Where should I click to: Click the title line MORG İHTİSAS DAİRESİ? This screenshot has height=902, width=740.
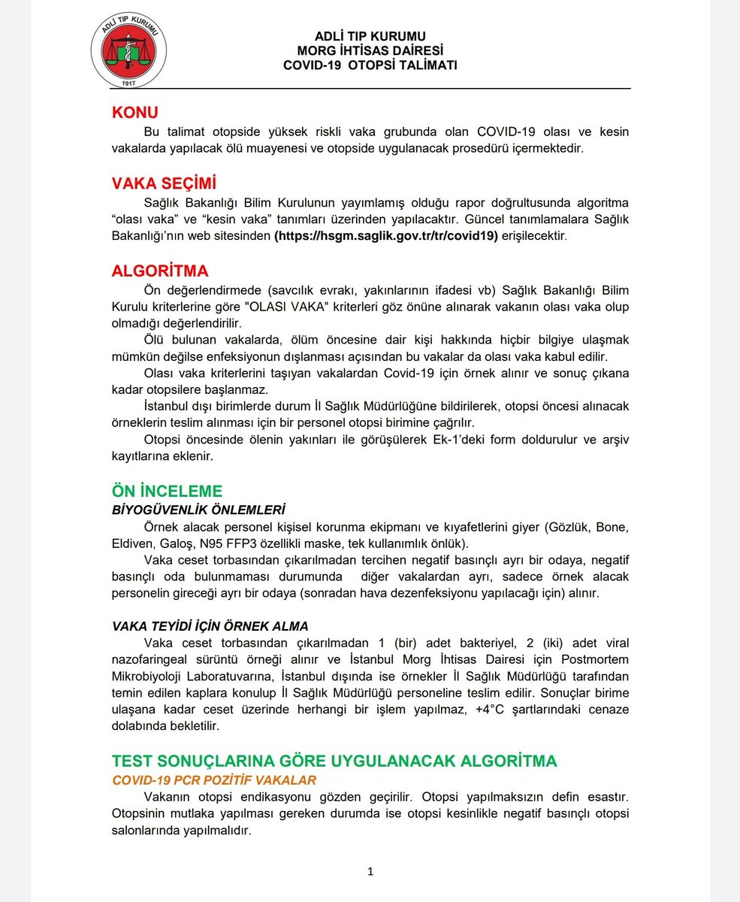click(370, 50)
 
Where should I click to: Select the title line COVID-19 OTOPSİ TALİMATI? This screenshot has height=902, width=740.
click(370, 65)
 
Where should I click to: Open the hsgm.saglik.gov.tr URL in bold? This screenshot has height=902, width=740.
click(386, 235)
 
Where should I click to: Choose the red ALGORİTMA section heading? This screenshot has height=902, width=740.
click(160, 271)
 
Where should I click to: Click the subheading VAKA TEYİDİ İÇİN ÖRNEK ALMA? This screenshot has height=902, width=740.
click(210, 626)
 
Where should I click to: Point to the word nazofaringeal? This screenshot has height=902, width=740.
click(150, 659)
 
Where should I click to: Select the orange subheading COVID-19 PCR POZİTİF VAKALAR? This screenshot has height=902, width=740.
click(214, 779)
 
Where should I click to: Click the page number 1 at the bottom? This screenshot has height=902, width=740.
click(370, 872)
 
